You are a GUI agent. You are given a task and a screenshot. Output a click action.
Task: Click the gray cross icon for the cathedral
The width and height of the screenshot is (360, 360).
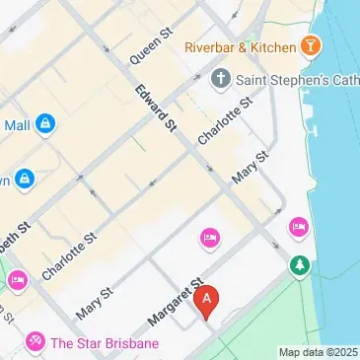[x=220, y=78]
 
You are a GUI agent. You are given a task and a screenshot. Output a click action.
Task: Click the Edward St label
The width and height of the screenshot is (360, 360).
[x=157, y=107]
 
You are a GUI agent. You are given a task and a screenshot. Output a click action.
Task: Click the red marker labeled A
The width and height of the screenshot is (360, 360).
[x=206, y=300]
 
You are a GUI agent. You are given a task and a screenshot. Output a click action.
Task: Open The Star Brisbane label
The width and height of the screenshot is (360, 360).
[x=105, y=343]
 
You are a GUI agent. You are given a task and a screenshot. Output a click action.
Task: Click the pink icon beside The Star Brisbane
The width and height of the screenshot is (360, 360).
[x=36, y=342]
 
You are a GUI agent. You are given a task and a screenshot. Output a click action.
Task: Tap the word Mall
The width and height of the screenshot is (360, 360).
[x=18, y=125]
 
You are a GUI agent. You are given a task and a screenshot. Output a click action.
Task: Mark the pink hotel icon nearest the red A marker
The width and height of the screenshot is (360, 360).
[x=208, y=237]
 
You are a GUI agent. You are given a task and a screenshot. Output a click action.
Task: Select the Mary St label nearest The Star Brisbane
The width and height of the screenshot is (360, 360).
[x=91, y=305]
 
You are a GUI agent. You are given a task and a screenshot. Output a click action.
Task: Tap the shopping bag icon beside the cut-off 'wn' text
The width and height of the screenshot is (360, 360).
[x=25, y=179]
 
